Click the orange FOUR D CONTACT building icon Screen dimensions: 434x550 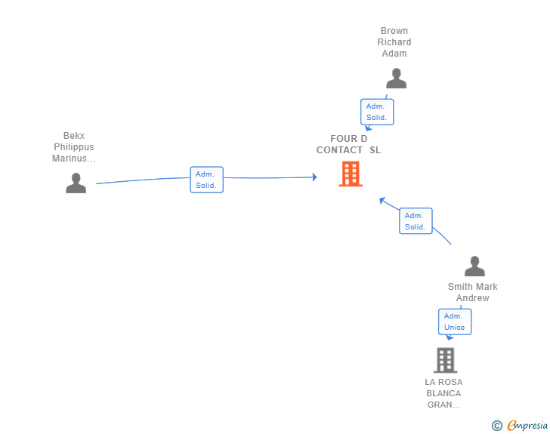click(x=350, y=174)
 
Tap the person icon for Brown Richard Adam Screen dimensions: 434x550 click(x=396, y=78)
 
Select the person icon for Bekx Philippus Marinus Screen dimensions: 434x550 click(x=76, y=183)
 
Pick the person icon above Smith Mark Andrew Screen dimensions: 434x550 click(x=474, y=266)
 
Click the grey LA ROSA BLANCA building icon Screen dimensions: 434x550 click(x=445, y=360)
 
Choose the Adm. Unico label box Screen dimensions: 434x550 click(x=455, y=322)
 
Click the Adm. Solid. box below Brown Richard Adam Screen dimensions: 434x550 click(x=377, y=112)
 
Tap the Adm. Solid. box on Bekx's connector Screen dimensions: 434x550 click(x=206, y=180)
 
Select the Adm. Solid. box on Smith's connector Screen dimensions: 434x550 click(x=416, y=221)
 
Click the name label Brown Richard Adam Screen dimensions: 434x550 click(x=394, y=42)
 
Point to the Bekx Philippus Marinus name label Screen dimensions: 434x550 click(x=74, y=147)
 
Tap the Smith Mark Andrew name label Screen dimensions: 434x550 click(x=473, y=292)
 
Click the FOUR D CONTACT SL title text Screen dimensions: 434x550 click(x=349, y=144)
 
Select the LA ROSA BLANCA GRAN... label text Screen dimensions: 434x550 click(x=444, y=393)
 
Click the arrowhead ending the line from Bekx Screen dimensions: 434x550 click(x=314, y=177)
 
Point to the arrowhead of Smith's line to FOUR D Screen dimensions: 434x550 click(x=382, y=201)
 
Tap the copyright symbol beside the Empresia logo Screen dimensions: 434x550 click(x=496, y=426)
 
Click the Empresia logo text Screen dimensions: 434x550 click(x=527, y=426)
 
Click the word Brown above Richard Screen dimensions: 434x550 click(x=394, y=32)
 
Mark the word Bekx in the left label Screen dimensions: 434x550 click(x=74, y=136)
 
